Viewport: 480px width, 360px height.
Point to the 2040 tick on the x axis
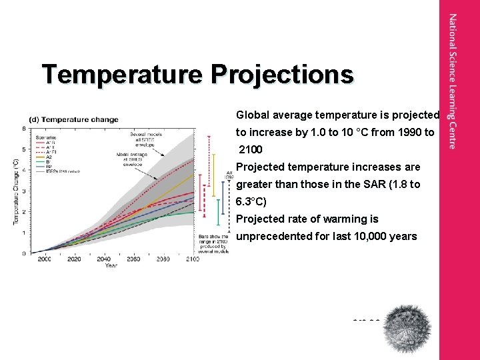coord(104,259)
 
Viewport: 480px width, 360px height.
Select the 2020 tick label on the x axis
coord(75,259)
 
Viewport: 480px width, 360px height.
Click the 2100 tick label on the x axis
coord(193,259)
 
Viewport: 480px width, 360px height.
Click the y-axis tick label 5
coord(24,149)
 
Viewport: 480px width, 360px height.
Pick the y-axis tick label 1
coord(24,233)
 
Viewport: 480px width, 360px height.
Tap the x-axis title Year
coord(111,266)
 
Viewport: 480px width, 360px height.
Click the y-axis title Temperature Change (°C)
coord(15,191)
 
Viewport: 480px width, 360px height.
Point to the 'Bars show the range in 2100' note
coord(213,243)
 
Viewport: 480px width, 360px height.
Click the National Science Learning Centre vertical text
coord(453,81)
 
